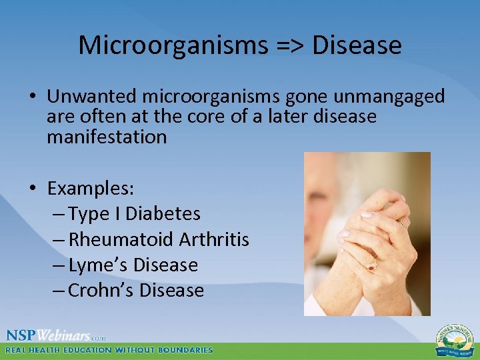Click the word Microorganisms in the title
172,45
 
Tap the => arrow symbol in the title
289,45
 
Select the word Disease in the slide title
357,45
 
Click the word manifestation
107,137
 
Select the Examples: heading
91,189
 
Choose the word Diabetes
163,214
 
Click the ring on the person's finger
371,266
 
